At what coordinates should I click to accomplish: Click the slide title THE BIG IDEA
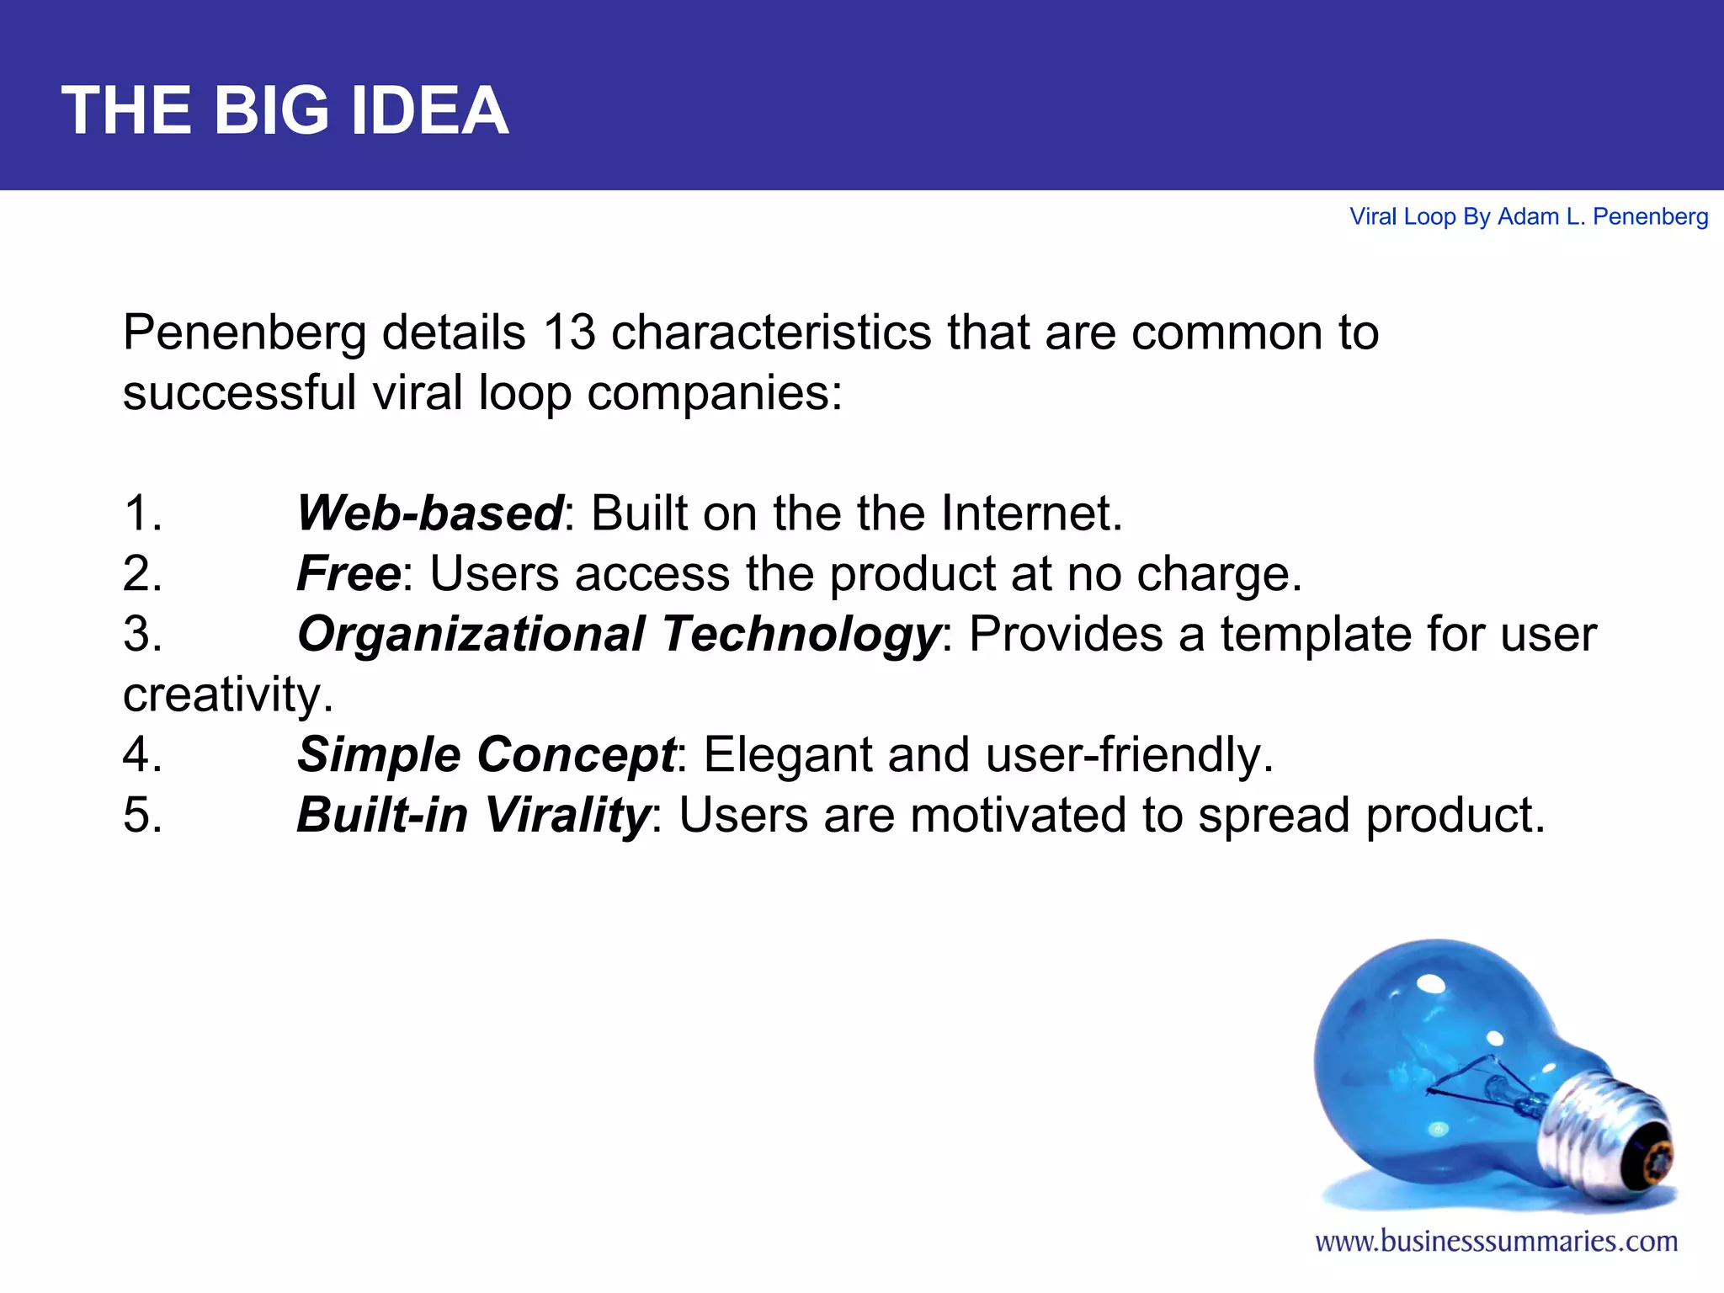point(285,110)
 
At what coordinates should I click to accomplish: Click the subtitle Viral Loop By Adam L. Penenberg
point(1529,217)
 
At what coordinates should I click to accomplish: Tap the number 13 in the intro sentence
point(569,332)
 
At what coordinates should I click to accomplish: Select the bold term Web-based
point(429,513)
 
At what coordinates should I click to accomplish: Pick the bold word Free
point(349,573)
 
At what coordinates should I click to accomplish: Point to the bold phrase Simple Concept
point(486,754)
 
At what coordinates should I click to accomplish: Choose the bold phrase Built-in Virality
point(473,815)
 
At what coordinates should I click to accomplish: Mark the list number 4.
point(141,754)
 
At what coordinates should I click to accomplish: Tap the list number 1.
point(141,513)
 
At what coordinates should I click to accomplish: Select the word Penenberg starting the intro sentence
point(244,332)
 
